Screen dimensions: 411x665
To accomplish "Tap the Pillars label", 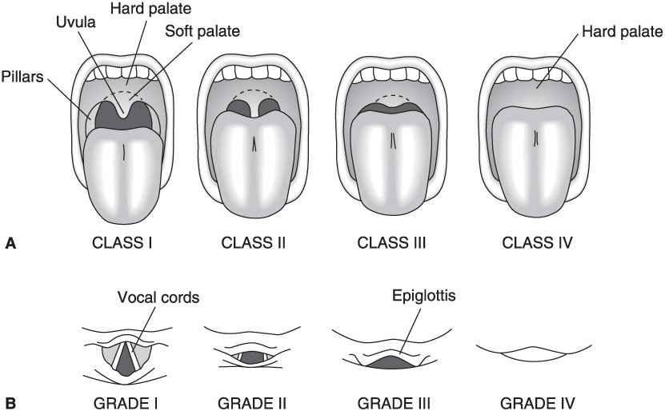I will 24,80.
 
